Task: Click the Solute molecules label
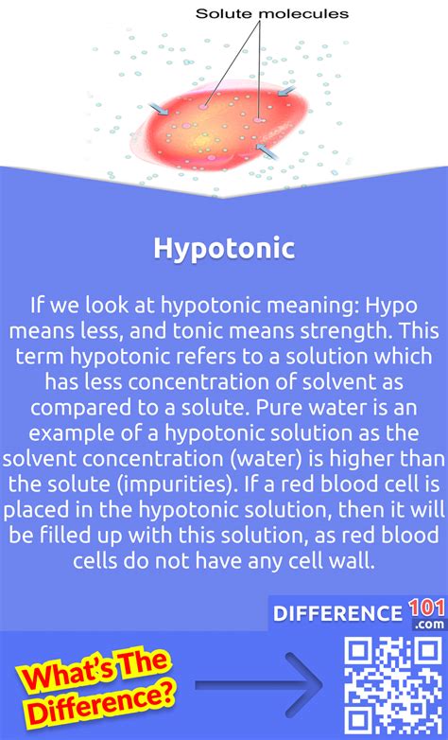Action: (272, 13)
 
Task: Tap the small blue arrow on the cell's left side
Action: (159, 109)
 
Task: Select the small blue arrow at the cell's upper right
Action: (286, 91)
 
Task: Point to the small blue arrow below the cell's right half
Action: (267, 151)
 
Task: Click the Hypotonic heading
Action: (224, 249)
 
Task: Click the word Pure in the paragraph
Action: (278, 408)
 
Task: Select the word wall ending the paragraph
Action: (356, 560)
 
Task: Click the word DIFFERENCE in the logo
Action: (337, 613)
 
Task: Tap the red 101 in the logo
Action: (426, 608)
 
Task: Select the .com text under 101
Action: (429, 625)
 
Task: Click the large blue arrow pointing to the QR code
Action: (258, 684)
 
